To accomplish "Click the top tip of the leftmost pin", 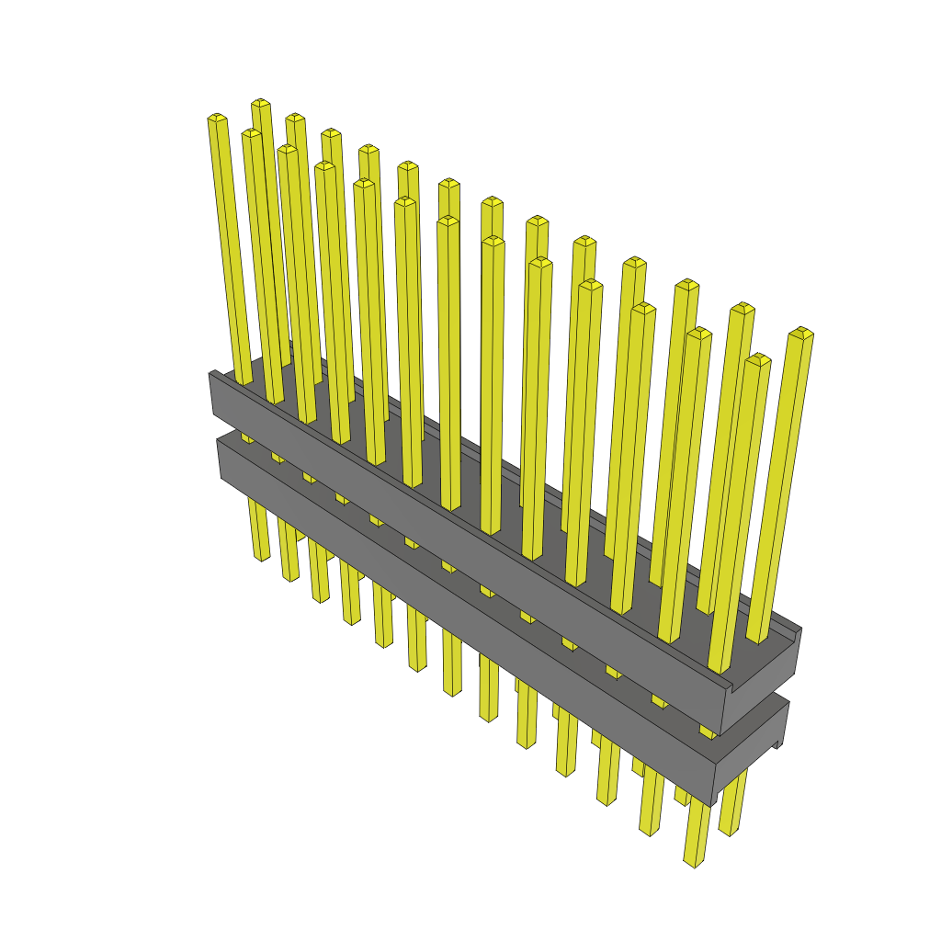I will click(217, 118).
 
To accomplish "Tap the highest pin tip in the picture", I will click(260, 102).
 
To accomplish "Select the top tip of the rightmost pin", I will click(801, 331).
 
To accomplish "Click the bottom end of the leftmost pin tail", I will click(261, 555).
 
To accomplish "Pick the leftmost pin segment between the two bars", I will click(247, 437).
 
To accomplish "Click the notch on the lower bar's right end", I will click(778, 743).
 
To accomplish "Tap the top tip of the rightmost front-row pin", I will click(757, 358).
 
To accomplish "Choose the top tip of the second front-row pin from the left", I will click(252, 133).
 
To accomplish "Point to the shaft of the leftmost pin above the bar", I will click(229, 248).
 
